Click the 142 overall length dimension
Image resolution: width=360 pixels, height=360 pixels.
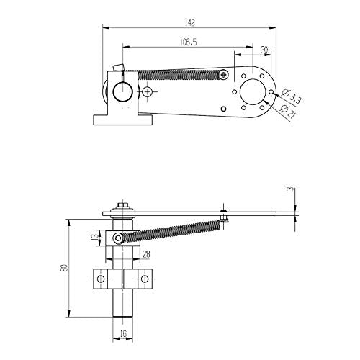[189, 22]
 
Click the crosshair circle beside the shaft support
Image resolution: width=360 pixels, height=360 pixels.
[148, 92]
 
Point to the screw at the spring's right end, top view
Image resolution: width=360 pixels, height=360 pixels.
[225, 73]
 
